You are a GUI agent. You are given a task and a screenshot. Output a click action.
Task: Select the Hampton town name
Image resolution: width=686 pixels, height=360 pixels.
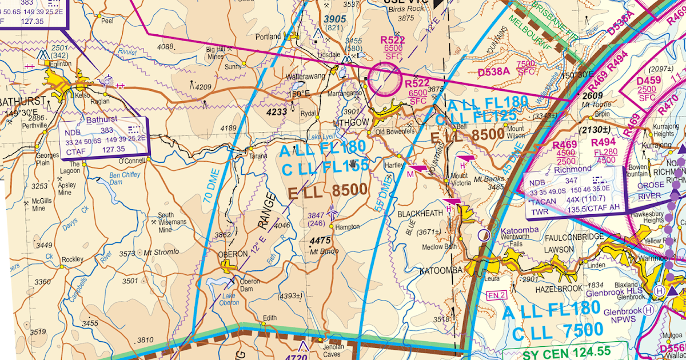tap(348, 227)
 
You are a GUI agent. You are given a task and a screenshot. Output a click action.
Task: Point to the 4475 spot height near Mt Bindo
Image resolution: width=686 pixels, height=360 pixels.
tap(321, 241)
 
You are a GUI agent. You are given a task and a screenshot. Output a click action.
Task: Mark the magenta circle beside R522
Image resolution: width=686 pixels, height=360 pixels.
tap(384, 79)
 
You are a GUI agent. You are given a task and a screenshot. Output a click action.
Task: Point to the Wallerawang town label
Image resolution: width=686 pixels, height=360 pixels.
tap(308, 75)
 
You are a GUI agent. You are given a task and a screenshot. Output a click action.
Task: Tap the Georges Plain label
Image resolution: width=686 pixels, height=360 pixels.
tap(47, 159)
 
